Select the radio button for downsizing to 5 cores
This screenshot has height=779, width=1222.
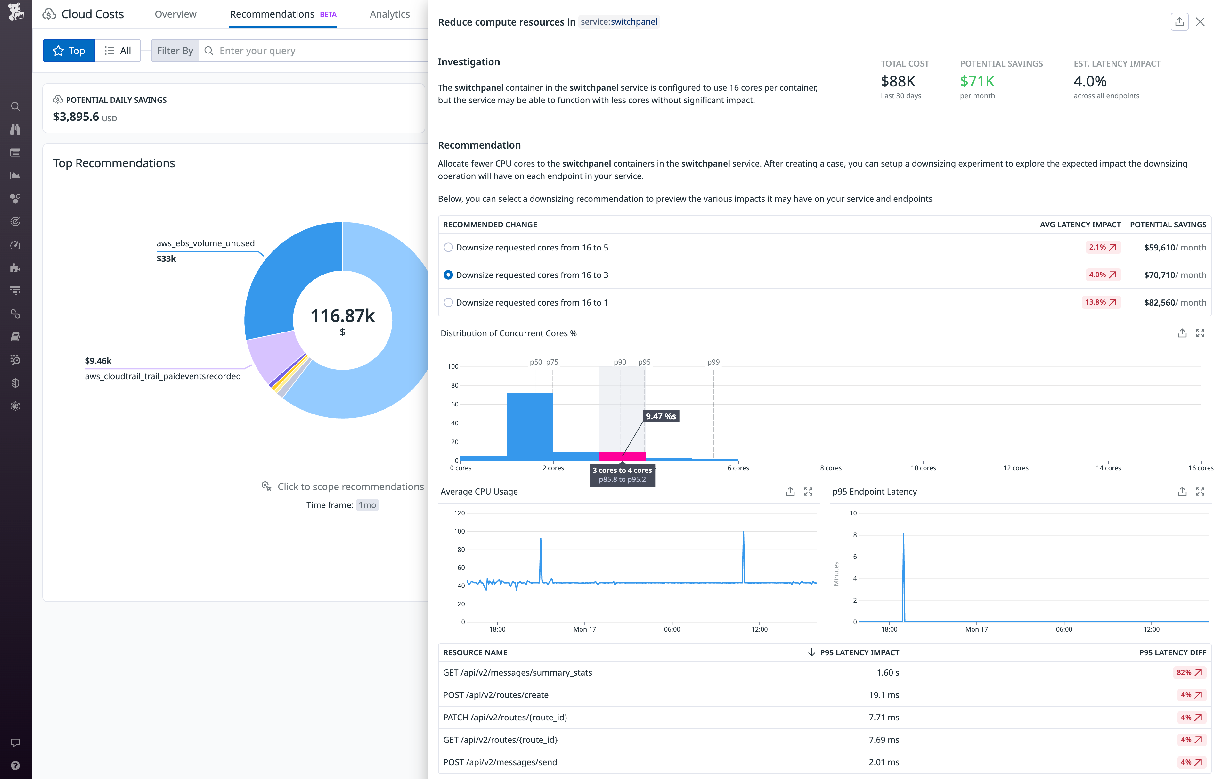point(448,247)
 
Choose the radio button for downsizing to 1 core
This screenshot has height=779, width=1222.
point(448,302)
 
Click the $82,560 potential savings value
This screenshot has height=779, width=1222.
point(1160,302)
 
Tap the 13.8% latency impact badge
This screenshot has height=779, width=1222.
point(1100,302)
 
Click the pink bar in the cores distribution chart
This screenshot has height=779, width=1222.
point(622,456)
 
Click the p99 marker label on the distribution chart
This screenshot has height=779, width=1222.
point(713,362)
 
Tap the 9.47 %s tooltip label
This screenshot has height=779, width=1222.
point(660,416)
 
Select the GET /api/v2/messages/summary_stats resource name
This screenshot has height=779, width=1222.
point(517,672)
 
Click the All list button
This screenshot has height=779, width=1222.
point(118,51)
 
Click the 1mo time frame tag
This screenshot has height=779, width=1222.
point(367,505)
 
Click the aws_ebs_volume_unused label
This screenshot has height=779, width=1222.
point(206,243)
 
